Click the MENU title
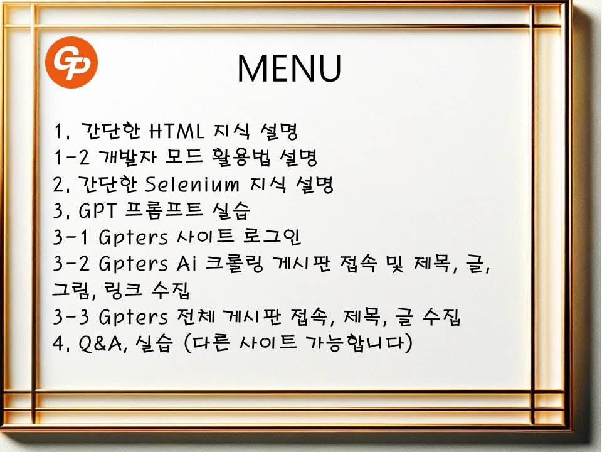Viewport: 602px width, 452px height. [289, 68]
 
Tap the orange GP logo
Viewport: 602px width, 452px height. [71, 63]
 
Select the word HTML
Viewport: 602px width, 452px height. [176, 131]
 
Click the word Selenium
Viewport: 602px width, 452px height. [192, 184]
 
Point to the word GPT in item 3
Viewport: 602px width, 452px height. [97, 211]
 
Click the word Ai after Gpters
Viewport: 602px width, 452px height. [186, 264]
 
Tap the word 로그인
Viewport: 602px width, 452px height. [272, 237]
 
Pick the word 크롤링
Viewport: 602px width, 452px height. [234, 264]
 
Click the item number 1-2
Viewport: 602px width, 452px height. [71, 158]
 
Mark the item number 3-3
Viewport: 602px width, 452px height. [71, 317]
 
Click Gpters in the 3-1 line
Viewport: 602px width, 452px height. [133, 237]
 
